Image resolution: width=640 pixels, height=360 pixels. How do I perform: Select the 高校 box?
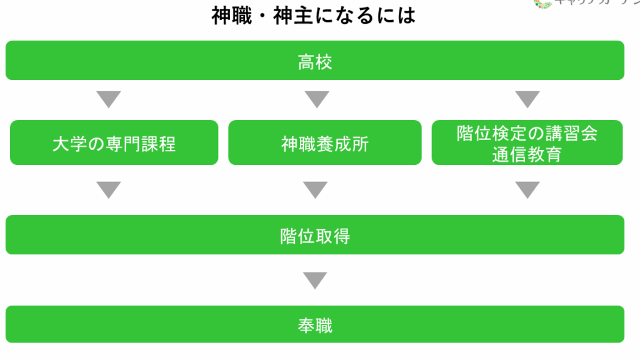[315, 61]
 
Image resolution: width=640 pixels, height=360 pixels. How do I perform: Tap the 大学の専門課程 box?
[114, 143]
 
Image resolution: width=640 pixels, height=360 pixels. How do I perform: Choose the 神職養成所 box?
[324, 143]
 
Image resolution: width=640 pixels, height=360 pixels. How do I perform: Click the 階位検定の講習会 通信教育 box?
[527, 143]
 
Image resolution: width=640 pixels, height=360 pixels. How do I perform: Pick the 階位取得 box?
[315, 235]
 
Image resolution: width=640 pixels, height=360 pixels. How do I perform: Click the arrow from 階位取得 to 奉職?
[315, 280]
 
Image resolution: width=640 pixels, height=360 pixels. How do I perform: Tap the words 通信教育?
[527, 154]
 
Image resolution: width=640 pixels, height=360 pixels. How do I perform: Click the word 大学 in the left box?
[70, 144]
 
